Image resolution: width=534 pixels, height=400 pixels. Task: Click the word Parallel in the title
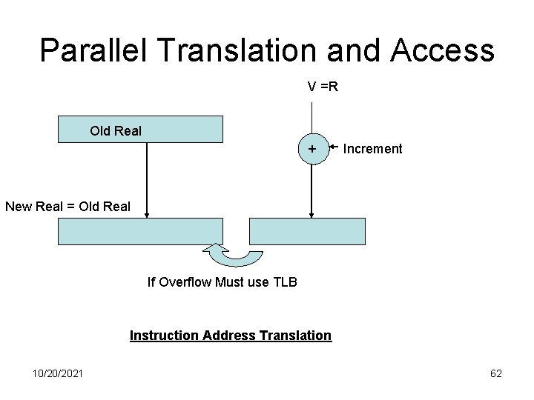coord(96,50)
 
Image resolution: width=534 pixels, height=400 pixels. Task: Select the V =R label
coord(323,87)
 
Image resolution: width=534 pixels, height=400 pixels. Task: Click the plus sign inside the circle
coord(313,149)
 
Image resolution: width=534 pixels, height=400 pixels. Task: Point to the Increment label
coord(372,149)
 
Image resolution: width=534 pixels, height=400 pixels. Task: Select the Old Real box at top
coord(140,129)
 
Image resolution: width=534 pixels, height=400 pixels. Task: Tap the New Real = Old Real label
coord(67,206)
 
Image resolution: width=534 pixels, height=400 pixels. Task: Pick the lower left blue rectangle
coord(140,231)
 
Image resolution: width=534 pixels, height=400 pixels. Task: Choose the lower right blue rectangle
coord(308,231)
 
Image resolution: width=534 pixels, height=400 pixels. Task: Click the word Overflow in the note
coord(185,281)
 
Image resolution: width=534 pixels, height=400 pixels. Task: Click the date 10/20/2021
coord(58,373)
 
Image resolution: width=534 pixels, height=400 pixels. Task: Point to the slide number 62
coord(496,373)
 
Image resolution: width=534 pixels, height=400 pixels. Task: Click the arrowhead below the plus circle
coord(312,214)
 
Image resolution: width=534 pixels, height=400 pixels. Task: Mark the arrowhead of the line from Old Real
coord(147,214)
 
